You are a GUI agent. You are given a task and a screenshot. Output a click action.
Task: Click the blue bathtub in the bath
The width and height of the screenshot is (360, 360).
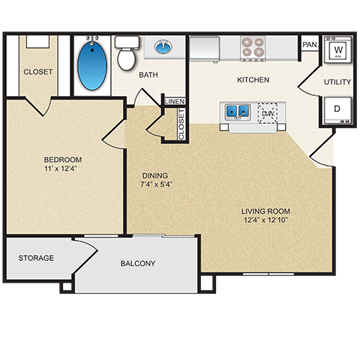pyautogui.click(x=92, y=64)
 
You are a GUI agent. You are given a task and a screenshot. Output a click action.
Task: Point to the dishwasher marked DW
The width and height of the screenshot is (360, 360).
pyautogui.click(x=268, y=114)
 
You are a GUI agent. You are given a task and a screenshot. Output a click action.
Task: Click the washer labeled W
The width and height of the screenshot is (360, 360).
pyautogui.click(x=338, y=50)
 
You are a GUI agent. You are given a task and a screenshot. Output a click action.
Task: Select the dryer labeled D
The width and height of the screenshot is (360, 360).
pyautogui.click(x=337, y=109)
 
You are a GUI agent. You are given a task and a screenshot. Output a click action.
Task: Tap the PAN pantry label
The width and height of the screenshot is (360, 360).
pyautogui.click(x=309, y=45)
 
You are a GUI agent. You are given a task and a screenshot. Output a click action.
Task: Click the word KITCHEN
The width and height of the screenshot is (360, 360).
pyautogui.click(x=253, y=79)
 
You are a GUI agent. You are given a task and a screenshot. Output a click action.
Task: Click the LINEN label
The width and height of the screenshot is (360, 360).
pyautogui.click(x=174, y=100)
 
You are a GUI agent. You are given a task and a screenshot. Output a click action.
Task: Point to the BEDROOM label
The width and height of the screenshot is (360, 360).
pyautogui.click(x=63, y=160)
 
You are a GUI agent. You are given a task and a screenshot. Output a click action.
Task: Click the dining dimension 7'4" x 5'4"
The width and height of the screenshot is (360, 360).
pyautogui.click(x=157, y=184)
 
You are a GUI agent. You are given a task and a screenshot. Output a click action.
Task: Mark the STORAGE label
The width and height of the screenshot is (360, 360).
pyautogui.click(x=36, y=258)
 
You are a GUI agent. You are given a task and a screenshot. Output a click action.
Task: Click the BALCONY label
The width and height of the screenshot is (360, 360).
pyautogui.click(x=137, y=263)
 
